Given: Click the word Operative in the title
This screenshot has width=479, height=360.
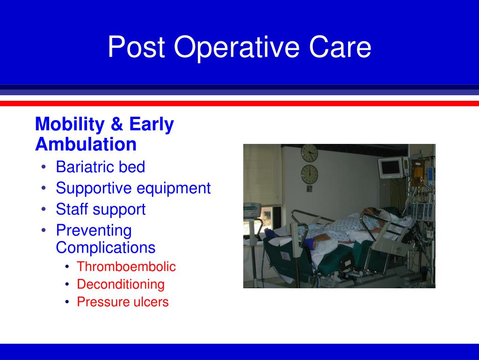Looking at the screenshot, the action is pyautogui.click(x=236, y=47).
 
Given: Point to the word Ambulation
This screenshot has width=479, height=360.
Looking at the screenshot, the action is pyautogui.click(x=86, y=144).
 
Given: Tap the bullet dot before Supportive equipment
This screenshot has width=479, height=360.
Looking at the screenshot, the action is pyautogui.click(x=44, y=188).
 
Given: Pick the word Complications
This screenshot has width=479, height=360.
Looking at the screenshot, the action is pyautogui.click(x=106, y=247).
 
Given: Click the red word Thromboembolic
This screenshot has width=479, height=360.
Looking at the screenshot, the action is pyautogui.click(x=126, y=266).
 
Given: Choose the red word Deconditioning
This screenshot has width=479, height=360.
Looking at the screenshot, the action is pyautogui.click(x=121, y=285).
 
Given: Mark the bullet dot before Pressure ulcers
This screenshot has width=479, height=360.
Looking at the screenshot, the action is pyautogui.click(x=67, y=302).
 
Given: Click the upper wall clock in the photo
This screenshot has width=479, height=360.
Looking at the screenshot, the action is pyautogui.click(x=309, y=153).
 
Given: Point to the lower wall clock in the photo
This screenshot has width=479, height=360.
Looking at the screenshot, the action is pyautogui.click(x=309, y=174).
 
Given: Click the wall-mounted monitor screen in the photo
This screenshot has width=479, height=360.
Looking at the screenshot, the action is pyautogui.click(x=391, y=167).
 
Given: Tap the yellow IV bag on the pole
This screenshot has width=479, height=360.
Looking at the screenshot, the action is pyautogui.click(x=417, y=172).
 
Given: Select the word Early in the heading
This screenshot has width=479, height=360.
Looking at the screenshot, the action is pyautogui.click(x=152, y=125).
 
